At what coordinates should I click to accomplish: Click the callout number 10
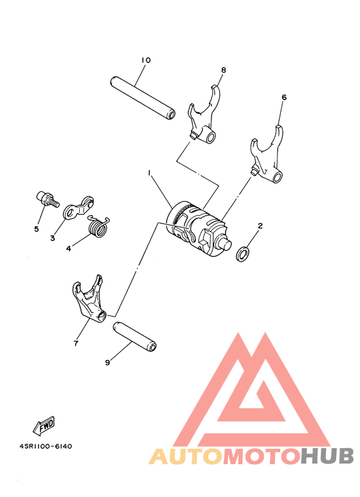tap(146, 60)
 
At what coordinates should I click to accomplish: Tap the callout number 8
tap(224, 70)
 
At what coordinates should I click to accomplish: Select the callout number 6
tap(284, 98)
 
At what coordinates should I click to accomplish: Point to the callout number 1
tap(149, 173)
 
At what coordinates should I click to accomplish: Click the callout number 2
tap(260, 226)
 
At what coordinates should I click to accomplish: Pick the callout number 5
tap(37, 229)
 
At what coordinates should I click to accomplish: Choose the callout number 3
tap(53, 238)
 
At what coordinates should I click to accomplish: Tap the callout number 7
tap(75, 344)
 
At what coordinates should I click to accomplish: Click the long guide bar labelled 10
tap(143, 98)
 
